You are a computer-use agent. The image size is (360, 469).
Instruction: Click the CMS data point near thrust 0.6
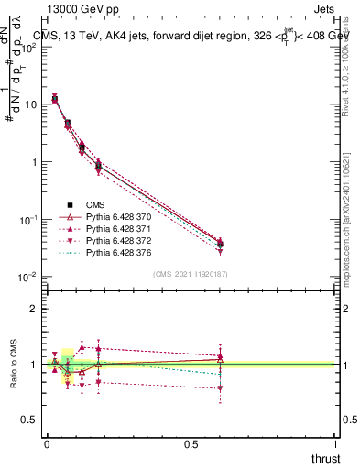point(220,244)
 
